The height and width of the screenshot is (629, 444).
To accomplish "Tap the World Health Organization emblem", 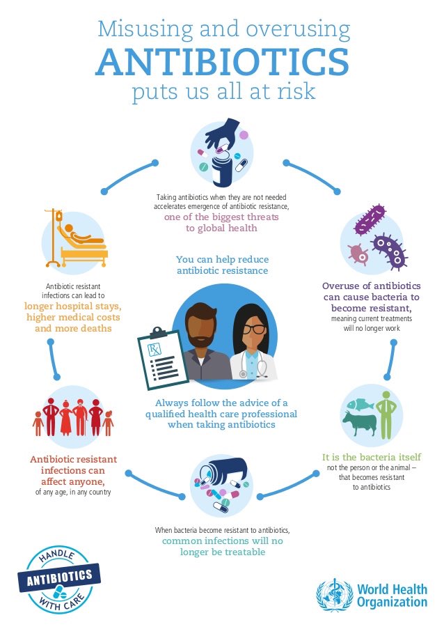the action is click(334, 594).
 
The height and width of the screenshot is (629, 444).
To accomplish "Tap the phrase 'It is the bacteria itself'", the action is click(372, 457).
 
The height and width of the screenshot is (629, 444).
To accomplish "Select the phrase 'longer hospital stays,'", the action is click(73, 305).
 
